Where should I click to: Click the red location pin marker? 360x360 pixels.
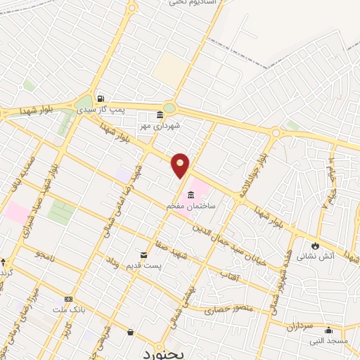pos(181,166)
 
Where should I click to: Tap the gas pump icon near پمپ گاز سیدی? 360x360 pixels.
pos(103,99)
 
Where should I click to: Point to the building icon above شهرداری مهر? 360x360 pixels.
pos(160,115)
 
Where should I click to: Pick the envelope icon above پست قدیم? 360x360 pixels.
pos(144,253)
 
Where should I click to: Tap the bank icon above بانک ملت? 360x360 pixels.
pos(68,300)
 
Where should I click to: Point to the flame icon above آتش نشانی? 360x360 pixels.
pos(316,245)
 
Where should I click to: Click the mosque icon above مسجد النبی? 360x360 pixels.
pos(328,330)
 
